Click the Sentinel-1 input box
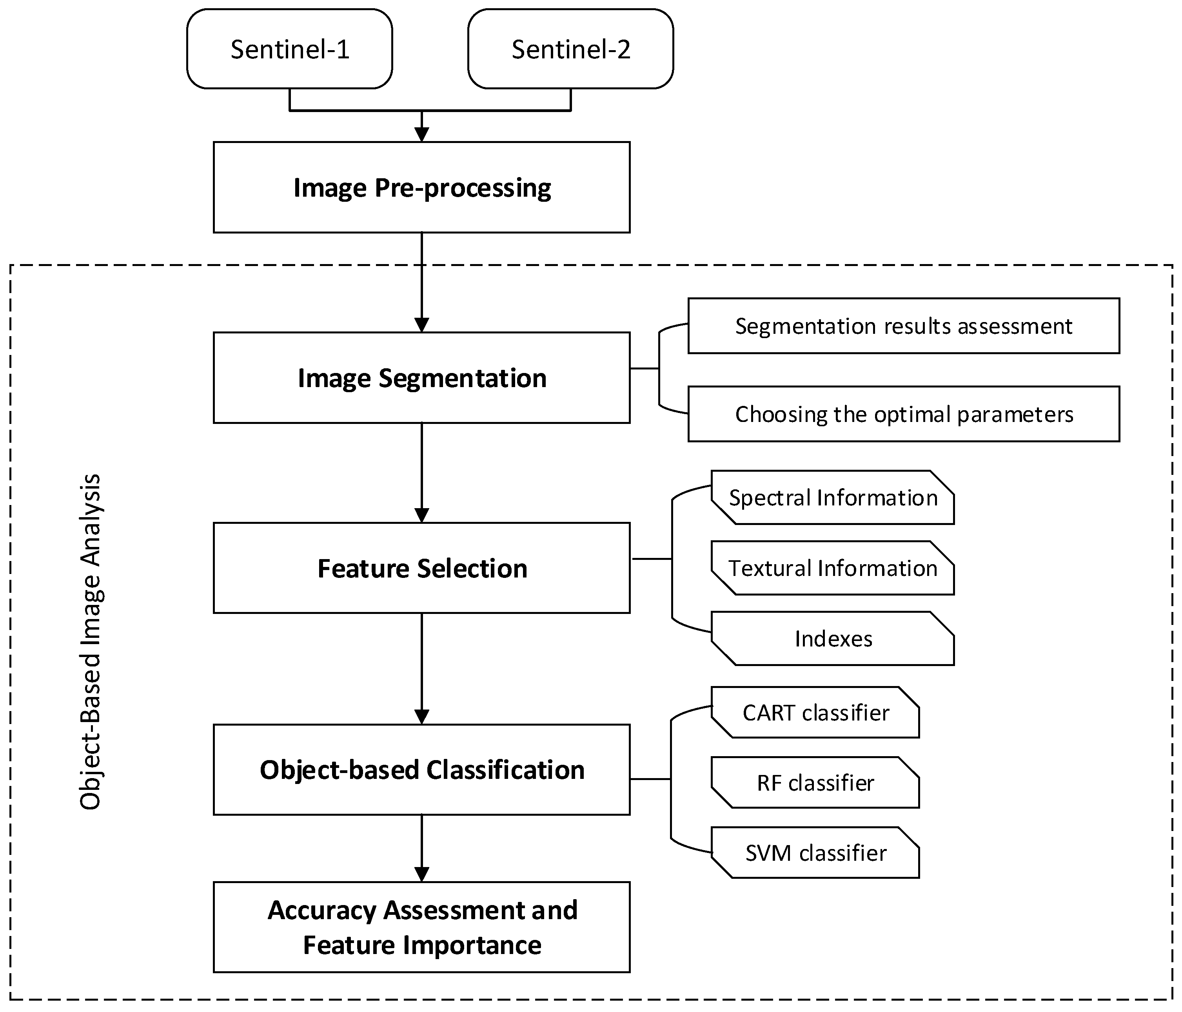coord(289,49)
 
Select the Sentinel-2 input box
coord(570,49)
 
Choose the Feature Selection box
coord(421,568)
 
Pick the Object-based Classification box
coord(421,770)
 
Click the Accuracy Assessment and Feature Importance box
coord(421,927)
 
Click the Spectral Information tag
coord(833,498)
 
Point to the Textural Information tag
coord(833,568)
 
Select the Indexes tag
coord(833,639)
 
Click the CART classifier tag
coord(816,713)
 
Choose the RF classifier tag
coord(816,783)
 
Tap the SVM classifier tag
coord(816,853)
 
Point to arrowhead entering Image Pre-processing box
coord(421,134)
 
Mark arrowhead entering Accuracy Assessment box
coord(421,874)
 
